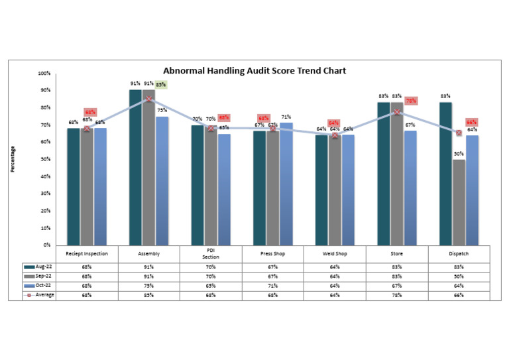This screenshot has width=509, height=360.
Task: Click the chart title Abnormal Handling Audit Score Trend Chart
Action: click(254, 70)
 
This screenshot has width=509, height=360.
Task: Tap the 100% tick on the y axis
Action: click(44, 73)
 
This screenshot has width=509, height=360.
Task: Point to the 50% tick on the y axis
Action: click(46, 159)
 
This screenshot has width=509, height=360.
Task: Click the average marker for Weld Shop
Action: click(335, 135)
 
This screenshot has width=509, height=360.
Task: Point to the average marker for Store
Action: click(397, 112)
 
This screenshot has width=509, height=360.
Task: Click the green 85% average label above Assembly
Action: click(161, 84)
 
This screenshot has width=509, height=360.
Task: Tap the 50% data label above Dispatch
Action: click(459, 154)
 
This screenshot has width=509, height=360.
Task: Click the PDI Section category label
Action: click(211, 255)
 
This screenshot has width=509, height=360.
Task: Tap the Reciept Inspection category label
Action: click(87, 253)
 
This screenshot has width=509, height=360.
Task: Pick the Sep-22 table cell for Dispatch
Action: click(459, 276)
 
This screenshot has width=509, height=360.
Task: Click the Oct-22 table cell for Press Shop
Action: click(273, 286)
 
